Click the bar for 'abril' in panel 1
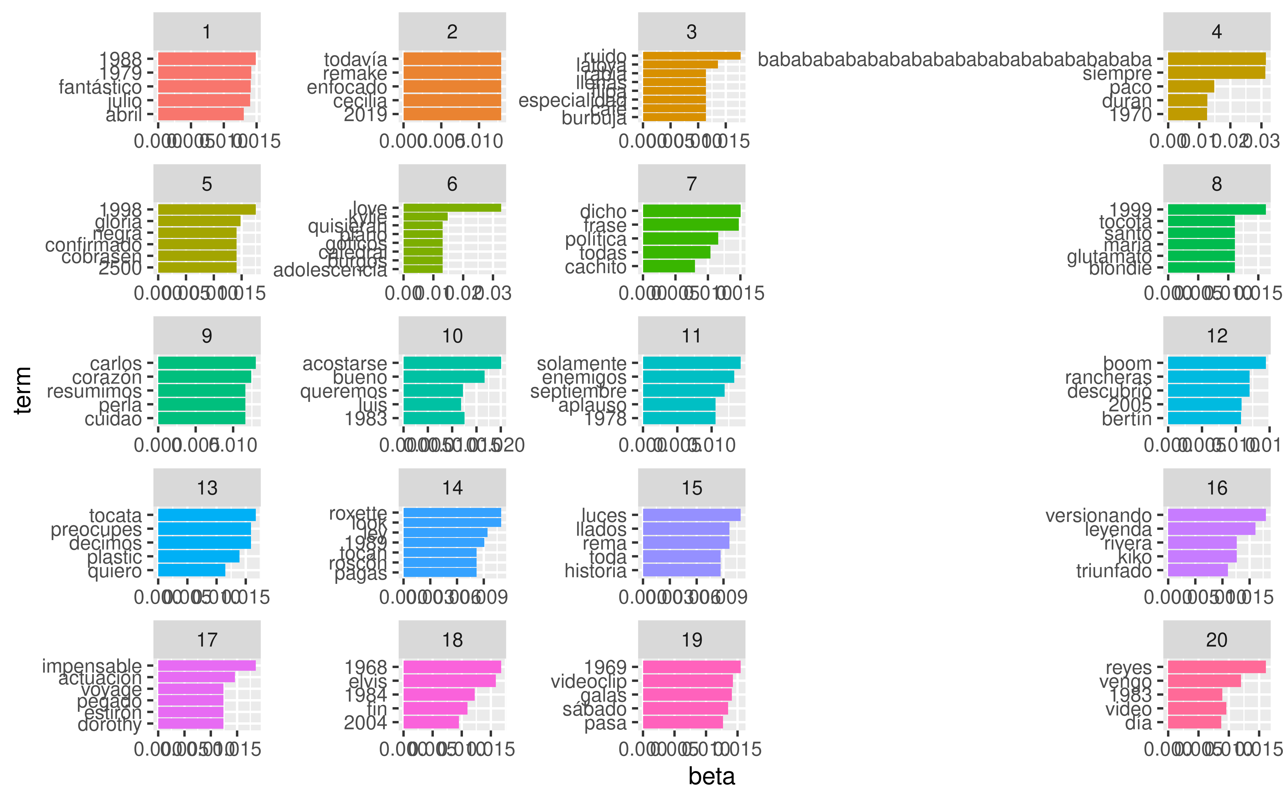tap(200, 114)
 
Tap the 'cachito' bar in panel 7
tap(668, 266)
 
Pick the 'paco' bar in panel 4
tap(1191, 86)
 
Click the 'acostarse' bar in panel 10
tap(452, 363)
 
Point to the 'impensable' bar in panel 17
tap(207, 666)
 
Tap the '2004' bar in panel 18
tap(431, 722)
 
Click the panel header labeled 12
tap(1217, 336)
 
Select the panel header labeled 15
tap(691, 487)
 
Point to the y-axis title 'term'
tap(23, 390)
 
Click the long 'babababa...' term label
tap(954, 59)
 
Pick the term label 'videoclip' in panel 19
tap(589, 681)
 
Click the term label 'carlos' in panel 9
tap(115, 363)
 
